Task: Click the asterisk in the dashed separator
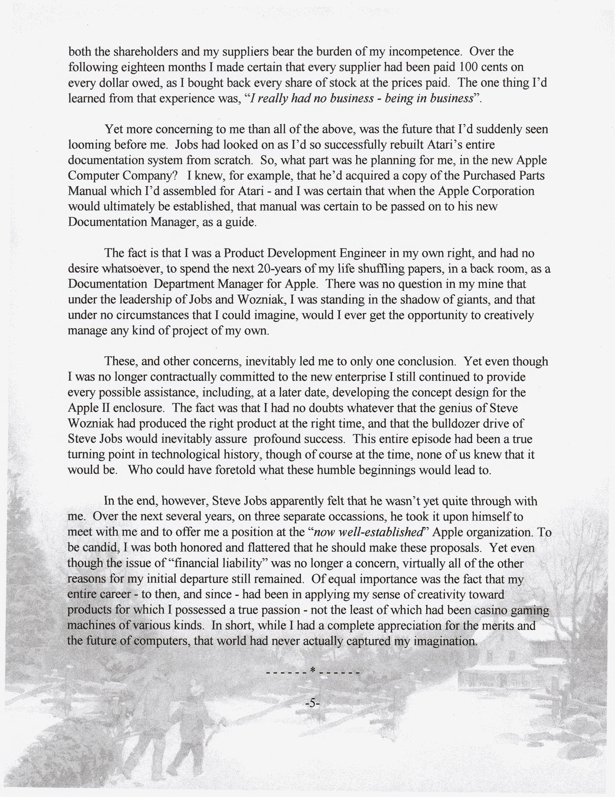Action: click(x=312, y=671)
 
